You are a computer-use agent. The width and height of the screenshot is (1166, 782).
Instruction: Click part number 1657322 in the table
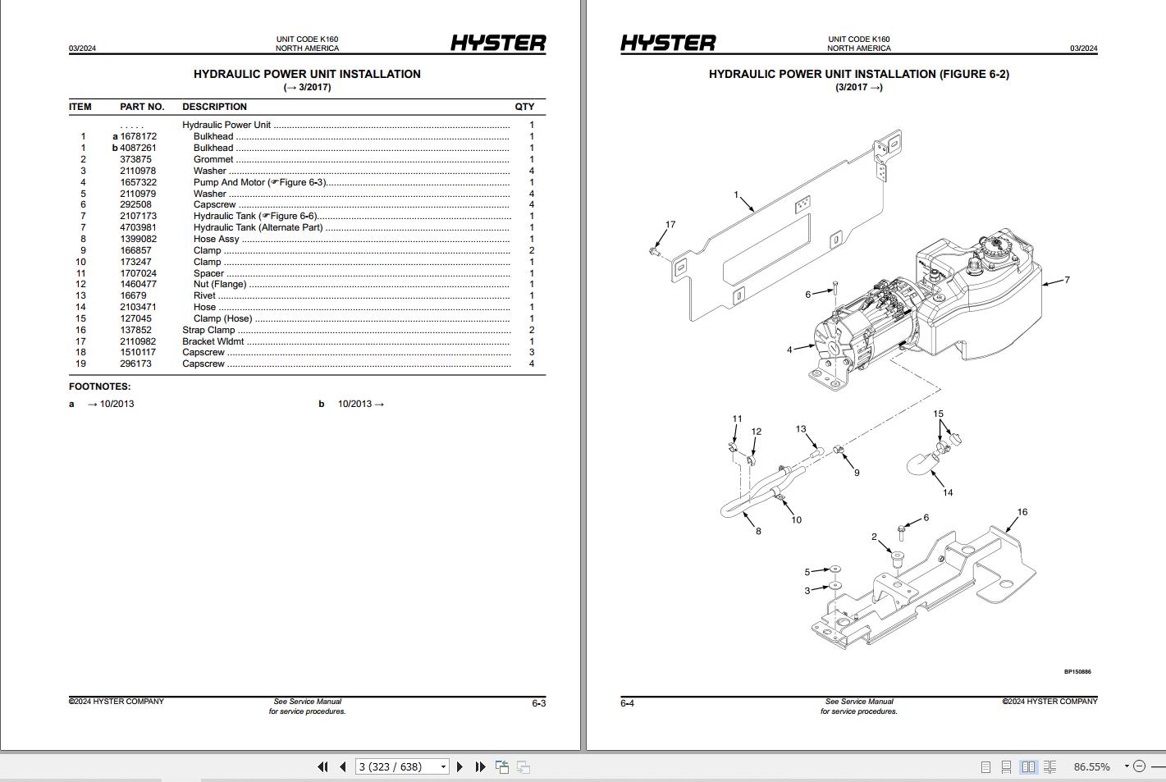pyautogui.click(x=138, y=182)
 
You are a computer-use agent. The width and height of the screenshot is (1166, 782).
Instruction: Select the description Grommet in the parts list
pyautogui.click(x=213, y=159)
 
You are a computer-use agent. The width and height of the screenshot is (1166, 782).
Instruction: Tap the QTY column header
pyautogui.click(x=524, y=107)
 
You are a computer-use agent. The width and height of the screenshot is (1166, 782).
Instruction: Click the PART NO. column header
pyautogui.click(x=142, y=107)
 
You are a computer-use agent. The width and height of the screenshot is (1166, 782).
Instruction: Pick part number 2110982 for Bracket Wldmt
pyautogui.click(x=138, y=341)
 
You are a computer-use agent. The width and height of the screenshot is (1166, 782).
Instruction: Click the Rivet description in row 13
pyautogui.click(x=204, y=295)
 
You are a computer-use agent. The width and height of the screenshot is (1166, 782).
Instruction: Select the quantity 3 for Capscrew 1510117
pyautogui.click(x=532, y=352)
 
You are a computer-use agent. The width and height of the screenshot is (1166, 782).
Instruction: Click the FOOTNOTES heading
pyautogui.click(x=99, y=386)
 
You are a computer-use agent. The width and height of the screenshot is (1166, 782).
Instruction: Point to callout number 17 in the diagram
pyautogui.click(x=670, y=224)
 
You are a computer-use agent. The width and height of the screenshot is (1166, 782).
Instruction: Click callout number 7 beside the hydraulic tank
pyautogui.click(x=1067, y=280)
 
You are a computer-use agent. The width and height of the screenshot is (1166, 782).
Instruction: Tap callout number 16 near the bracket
pyautogui.click(x=1022, y=512)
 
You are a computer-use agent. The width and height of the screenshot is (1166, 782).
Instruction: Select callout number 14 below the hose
pyautogui.click(x=948, y=492)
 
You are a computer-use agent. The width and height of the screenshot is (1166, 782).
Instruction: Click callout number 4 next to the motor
pyautogui.click(x=789, y=350)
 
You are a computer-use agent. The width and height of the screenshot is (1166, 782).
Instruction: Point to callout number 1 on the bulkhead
pyautogui.click(x=736, y=195)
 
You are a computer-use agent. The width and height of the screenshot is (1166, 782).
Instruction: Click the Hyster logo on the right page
pyautogui.click(x=668, y=43)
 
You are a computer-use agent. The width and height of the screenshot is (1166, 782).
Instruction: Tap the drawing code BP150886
pyautogui.click(x=1077, y=672)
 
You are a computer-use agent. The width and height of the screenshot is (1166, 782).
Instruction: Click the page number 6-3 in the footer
pyautogui.click(x=538, y=703)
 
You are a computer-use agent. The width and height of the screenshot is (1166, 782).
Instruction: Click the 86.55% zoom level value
pyautogui.click(x=1091, y=766)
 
